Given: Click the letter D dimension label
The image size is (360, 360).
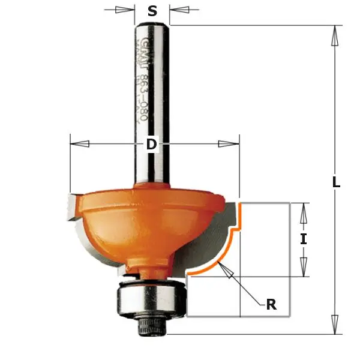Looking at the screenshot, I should (x=151, y=144).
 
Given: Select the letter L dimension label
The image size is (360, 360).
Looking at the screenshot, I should (x=336, y=182).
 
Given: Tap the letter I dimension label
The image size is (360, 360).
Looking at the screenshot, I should (x=304, y=239).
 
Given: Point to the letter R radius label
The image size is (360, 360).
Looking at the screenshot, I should (x=271, y=305).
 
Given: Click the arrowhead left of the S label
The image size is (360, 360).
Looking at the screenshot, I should (x=125, y=10).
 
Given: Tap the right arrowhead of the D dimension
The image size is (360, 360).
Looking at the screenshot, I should (x=229, y=144).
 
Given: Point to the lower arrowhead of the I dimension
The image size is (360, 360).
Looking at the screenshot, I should (x=304, y=266).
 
